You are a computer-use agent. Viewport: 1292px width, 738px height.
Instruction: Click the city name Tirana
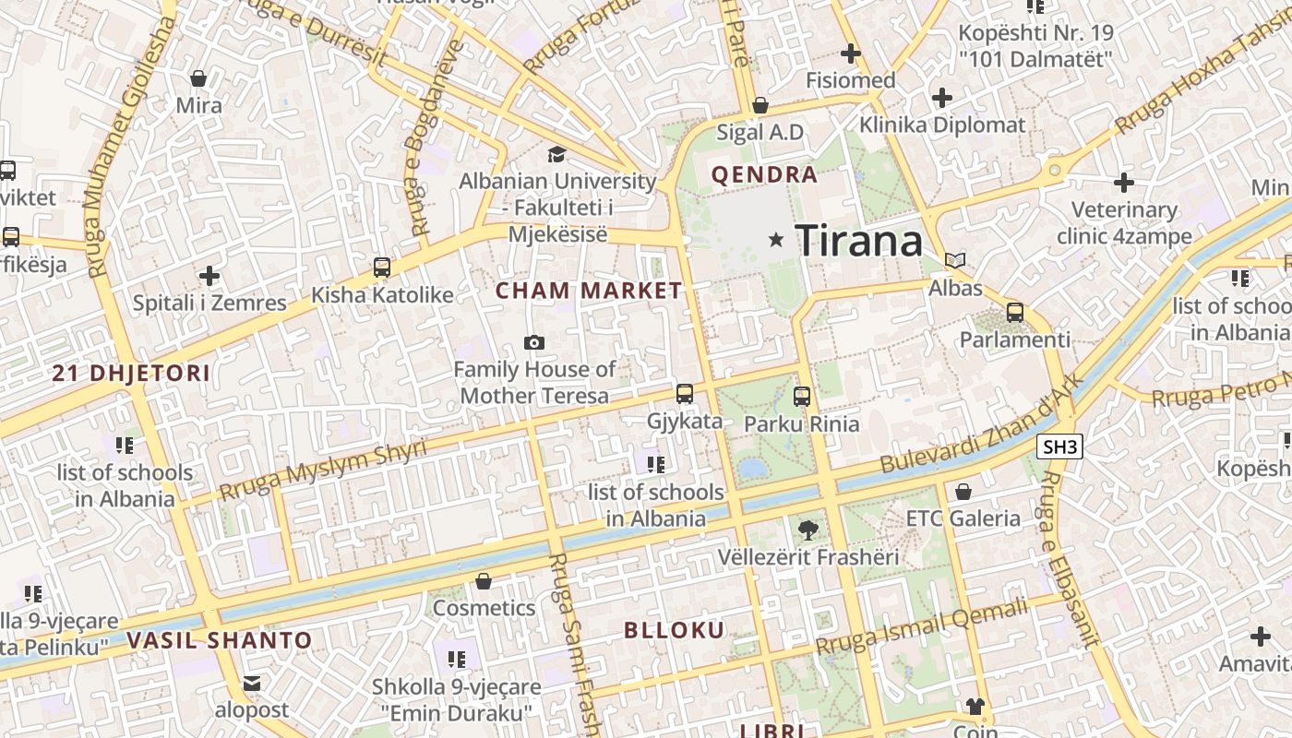(858, 242)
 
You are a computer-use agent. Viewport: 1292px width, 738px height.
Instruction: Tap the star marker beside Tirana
(776, 240)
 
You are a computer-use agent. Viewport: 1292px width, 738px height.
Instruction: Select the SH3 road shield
(1059, 447)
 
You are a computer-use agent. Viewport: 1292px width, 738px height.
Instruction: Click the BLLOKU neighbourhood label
(675, 631)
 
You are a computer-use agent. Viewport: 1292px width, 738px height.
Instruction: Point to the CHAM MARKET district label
(589, 291)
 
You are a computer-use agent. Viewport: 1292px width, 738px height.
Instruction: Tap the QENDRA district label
(764, 174)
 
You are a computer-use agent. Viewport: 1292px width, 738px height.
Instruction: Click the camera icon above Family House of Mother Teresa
(533, 343)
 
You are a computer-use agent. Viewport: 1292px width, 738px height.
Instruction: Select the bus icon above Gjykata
(685, 394)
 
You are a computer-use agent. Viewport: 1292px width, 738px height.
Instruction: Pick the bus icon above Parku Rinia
(802, 397)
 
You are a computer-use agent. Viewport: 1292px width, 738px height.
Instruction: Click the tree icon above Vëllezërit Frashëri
(808, 530)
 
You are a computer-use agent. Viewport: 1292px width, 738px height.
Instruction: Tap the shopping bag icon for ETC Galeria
(963, 492)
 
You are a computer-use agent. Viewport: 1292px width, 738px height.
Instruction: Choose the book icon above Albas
(956, 261)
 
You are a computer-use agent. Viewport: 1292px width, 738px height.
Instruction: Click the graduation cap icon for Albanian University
(557, 154)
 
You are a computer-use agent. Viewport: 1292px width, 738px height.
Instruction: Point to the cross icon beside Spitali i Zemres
(209, 275)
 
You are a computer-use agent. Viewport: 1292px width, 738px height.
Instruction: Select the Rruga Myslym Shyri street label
(323, 470)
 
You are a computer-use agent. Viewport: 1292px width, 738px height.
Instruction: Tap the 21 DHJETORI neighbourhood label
(131, 374)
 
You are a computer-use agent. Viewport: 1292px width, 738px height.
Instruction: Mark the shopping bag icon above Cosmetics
(484, 581)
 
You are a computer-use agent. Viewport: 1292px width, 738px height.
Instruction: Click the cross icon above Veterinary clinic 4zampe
(1124, 183)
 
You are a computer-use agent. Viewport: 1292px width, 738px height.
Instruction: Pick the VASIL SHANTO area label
(220, 640)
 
